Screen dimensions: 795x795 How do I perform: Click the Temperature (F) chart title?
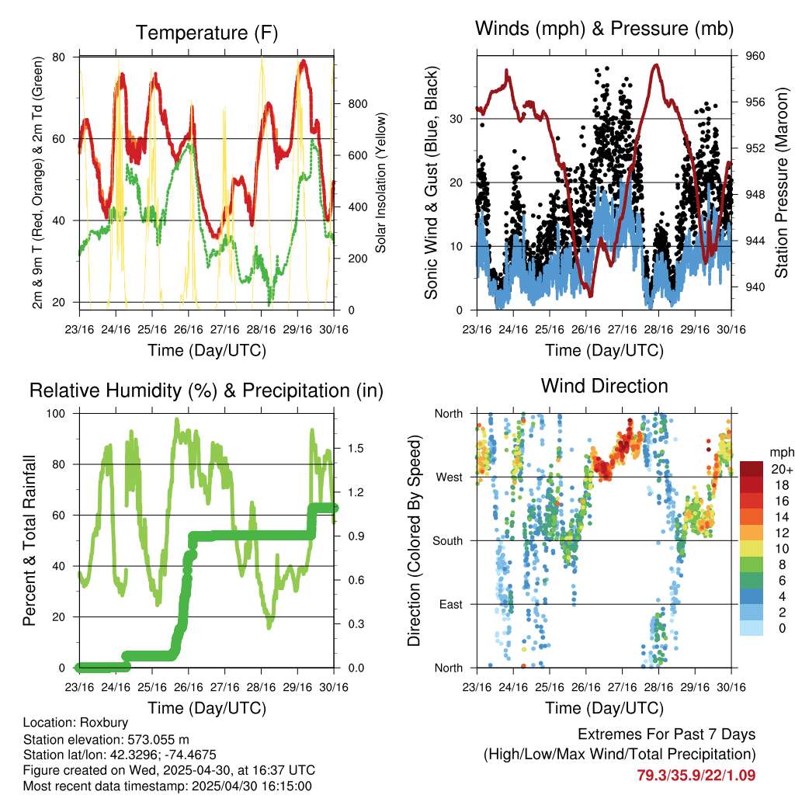207,33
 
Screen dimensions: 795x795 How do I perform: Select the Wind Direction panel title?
604,386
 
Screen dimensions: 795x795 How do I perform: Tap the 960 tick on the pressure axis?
755,56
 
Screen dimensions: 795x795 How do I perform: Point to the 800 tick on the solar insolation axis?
357,104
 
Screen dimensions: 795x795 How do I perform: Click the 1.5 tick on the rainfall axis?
356,448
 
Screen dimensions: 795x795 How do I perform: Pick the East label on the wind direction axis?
451,604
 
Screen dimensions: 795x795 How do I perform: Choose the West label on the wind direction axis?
450,477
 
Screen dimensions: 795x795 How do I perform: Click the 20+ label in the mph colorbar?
781,469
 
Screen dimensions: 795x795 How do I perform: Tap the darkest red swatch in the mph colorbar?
752,469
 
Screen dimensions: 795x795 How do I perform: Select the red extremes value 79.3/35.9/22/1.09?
696,776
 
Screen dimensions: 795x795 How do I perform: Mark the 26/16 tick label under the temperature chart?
188,329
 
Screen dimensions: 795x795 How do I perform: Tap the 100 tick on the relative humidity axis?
56,413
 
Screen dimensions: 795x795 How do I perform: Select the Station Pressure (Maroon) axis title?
781,182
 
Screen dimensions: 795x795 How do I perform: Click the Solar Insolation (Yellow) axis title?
380,182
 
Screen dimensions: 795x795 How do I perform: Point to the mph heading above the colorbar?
782,453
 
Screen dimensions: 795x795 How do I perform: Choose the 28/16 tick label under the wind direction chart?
658,687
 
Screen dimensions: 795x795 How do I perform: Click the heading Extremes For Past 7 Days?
666,734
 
